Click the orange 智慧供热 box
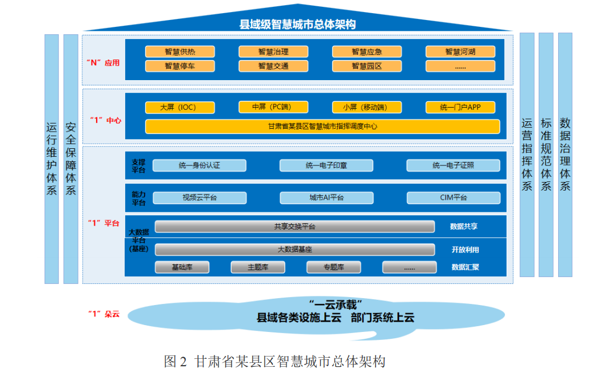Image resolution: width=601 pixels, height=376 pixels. (180, 52)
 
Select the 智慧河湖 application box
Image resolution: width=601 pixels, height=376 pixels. (460, 52)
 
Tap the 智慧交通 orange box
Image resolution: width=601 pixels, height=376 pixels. (273, 66)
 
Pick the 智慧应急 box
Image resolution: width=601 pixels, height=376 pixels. (367, 52)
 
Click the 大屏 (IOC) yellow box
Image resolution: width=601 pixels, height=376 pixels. (180, 108)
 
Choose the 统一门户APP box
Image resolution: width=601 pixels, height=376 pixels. (460, 108)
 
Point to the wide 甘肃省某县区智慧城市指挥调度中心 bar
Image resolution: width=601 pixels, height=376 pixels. (323, 126)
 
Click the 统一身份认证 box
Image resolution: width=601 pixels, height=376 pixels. (200, 165)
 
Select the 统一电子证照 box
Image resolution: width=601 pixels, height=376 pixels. (453, 165)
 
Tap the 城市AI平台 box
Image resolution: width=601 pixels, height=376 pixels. (327, 197)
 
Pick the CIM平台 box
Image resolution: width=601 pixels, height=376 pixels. (453, 197)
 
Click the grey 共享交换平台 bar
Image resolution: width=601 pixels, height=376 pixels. (294, 227)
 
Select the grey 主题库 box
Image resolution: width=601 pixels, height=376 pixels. (258, 267)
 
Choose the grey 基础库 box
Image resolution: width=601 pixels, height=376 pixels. (182, 267)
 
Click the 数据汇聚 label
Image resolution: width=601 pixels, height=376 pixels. (465, 267)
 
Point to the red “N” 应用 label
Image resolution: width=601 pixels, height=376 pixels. (103, 62)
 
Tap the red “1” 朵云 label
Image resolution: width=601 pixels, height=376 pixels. (104, 314)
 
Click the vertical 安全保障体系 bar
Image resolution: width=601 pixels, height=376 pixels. (71, 159)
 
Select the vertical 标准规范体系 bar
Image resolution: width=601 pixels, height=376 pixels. (546, 155)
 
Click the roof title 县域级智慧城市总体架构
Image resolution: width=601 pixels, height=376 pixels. (297, 24)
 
